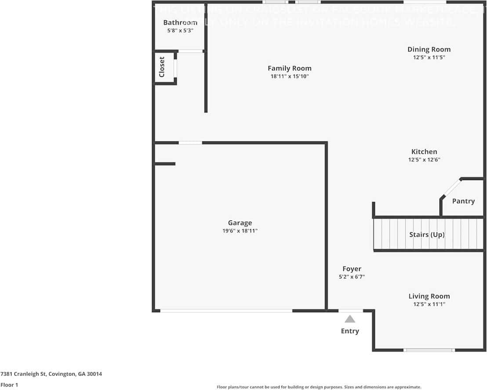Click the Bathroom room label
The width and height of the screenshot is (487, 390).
click(x=180, y=22)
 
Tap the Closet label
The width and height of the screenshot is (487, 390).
click(x=162, y=67)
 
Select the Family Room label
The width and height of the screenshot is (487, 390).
click(x=289, y=68)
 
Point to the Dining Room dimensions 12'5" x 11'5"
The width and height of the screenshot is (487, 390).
click(x=429, y=57)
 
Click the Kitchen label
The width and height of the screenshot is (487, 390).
click(x=424, y=152)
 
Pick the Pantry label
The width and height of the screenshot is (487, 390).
click(x=463, y=201)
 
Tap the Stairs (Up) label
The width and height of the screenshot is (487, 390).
click(x=427, y=235)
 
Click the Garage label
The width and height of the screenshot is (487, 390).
click(x=240, y=223)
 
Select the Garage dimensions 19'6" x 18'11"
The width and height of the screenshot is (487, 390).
click(x=240, y=231)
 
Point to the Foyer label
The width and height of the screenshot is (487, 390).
click(x=352, y=269)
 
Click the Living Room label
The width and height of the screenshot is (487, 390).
click(x=429, y=296)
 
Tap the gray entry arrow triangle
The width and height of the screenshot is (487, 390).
click(x=350, y=319)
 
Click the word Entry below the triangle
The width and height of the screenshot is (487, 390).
click(x=350, y=331)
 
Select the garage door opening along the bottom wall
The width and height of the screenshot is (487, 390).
click(x=226, y=311)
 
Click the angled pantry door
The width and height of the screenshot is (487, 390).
click(x=451, y=189)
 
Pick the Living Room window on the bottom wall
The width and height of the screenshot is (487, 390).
click(x=429, y=350)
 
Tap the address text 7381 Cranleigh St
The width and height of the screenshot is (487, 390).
click(x=51, y=374)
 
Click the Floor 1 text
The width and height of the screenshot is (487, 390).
click(x=9, y=385)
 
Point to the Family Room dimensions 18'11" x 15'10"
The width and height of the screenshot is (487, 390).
click(x=289, y=76)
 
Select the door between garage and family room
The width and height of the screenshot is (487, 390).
click(x=190, y=142)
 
